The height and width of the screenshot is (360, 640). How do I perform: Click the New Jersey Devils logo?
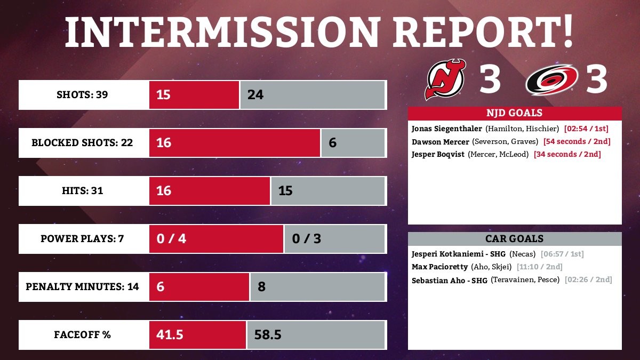click(445, 79)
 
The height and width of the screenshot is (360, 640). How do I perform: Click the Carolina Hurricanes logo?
click(551, 80)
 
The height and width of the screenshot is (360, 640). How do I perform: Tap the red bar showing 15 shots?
click(194, 95)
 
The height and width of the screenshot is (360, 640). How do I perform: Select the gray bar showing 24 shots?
click(313, 95)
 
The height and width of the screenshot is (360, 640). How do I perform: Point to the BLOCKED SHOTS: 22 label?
click(82, 143)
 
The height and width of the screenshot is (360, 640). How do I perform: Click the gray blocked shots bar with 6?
click(353, 143)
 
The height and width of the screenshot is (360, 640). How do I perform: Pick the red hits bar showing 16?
click(209, 190)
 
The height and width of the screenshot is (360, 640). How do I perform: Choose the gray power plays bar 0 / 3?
click(334, 238)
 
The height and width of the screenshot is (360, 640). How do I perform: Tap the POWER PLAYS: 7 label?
click(82, 238)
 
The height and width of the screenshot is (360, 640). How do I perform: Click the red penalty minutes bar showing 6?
click(199, 286)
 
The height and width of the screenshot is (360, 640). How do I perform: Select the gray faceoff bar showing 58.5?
click(316, 335)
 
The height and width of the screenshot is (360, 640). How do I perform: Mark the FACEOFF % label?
click(82, 335)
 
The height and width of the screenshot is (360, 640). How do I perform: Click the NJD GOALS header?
click(514, 113)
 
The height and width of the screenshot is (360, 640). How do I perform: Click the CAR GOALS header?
click(514, 239)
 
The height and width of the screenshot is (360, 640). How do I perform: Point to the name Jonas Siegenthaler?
click(447, 129)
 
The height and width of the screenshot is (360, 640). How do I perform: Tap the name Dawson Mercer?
click(441, 142)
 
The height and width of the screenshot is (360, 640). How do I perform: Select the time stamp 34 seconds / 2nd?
click(567, 155)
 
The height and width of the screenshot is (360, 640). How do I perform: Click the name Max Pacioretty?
click(439, 267)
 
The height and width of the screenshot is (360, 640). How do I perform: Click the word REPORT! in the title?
click(483, 33)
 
